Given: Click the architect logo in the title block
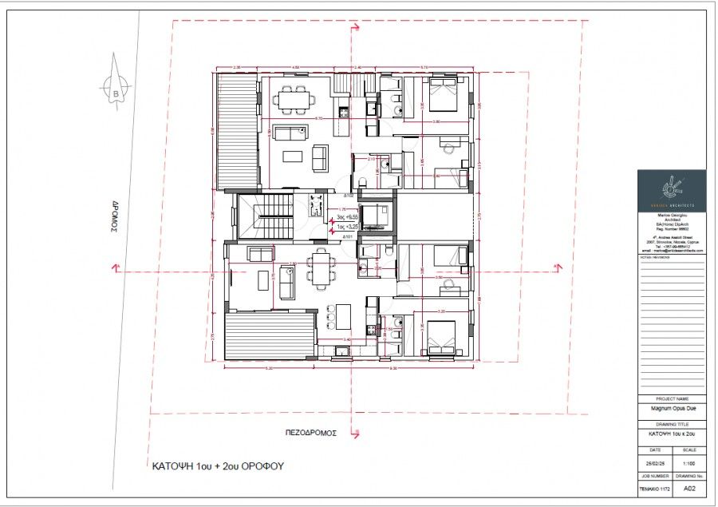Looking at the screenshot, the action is (x=671, y=189).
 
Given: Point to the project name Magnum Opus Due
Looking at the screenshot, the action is (x=671, y=407).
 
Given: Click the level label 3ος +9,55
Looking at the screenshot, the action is (x=345, y=216).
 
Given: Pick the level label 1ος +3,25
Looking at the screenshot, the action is (x=345, y=225).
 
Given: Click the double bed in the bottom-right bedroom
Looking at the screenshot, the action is (x=440, y=338).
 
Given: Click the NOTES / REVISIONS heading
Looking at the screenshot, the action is (x=653, y=259).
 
